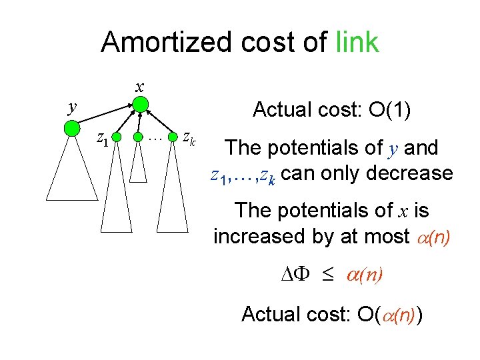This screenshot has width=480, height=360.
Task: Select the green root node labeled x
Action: [x=140, y=104]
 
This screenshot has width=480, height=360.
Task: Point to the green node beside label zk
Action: [x=173, y=138]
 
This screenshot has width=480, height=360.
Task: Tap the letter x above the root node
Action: [x=139, y=86]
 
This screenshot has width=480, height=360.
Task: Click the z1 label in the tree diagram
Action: [x=102, y=139]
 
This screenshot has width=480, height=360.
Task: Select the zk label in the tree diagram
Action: [x=189, y=139]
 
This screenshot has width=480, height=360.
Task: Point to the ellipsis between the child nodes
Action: [x=155, y=138]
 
